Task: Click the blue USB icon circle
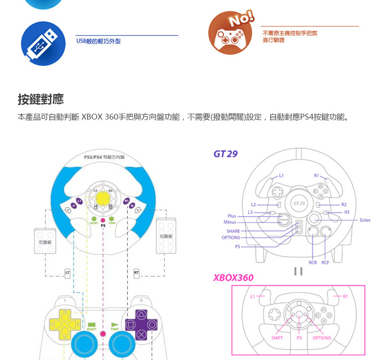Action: [x=43, y=43]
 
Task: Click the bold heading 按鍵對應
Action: [x=40, y=100]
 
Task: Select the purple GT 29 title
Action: [x=225, y=154]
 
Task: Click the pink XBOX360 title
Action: [x=233, y=278]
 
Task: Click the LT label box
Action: [x=67, y=273]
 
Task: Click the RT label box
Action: [x=136, y=273]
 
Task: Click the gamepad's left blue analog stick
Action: [x=85, y=344]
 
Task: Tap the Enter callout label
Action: [x=364, y=220]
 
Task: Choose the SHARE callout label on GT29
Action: [x=233, y=231]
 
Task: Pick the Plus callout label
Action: [x=232, y=216]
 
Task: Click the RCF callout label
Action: [x=325, y=263]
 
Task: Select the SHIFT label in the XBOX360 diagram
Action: [x=277, y=338]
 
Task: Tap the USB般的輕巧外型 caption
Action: [x=98, y=41]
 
